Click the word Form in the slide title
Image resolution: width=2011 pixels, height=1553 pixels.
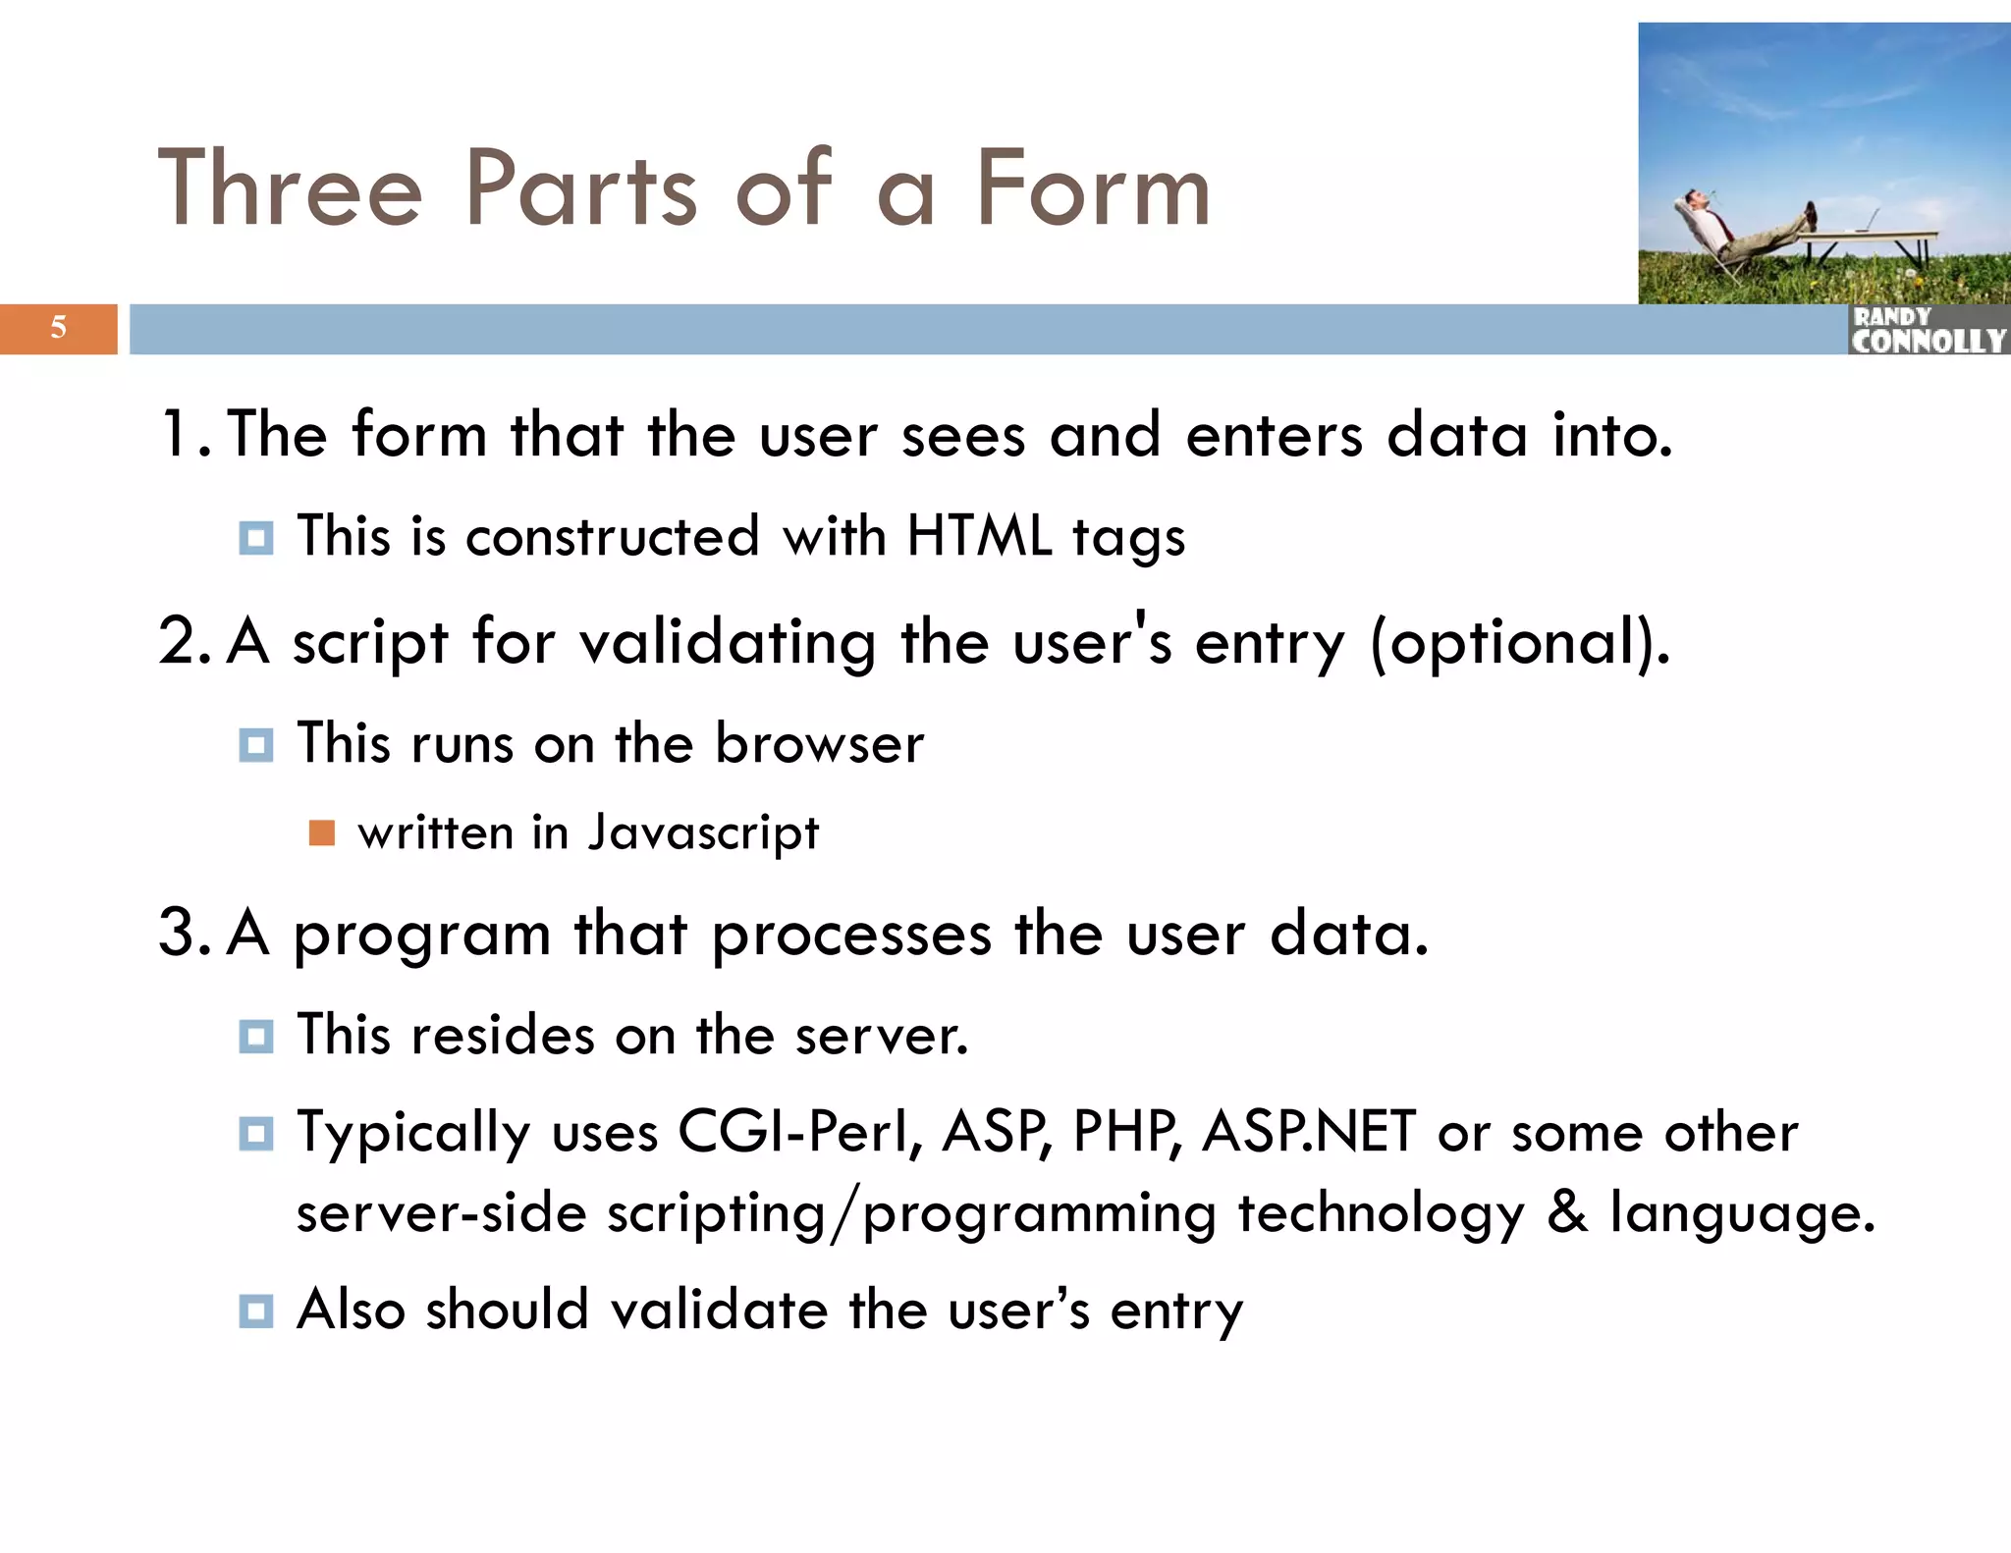(1092, 188)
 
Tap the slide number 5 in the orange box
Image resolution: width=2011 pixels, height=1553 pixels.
(59, 328)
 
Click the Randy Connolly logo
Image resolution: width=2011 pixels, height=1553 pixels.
(1928, 331)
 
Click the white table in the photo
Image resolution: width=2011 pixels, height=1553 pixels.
(1871, 238)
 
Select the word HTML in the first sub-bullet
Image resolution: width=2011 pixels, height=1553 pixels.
(978, 536)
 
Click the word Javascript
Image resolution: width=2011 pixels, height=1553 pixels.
(703, 833)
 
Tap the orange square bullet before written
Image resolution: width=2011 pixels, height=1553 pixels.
(322, 833)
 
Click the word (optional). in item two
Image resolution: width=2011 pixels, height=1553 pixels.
(1519, 643)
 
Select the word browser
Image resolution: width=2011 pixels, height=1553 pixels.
(819, 743)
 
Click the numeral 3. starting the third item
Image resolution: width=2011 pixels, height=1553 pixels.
(184, 933)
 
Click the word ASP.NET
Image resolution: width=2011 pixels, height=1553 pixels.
(1308, 1132)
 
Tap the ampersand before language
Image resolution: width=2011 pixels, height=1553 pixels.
(1567, 1211)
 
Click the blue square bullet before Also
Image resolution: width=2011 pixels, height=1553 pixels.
(256, 1311)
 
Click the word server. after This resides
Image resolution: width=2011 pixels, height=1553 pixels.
(881, 1036)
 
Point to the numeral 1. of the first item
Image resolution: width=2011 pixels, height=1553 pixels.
(184, 435)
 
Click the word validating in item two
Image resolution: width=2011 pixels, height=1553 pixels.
(727, 643)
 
